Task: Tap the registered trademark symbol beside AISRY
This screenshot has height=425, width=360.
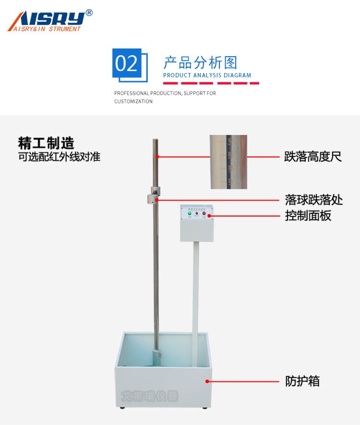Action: pyautogui.click(x=89, y=13)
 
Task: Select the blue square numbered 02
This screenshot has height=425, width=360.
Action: pyautogui.click(x=127, y=63)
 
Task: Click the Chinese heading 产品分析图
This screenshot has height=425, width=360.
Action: pyautogui.click(x=201, y=62)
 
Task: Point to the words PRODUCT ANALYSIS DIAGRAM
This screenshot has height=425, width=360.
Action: pyautogui.click(x=207, y=75)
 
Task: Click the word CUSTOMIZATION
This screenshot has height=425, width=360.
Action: pyautogui.click(x=133, y=101)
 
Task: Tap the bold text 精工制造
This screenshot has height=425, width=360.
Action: pyautogui.click(x=46, y=143)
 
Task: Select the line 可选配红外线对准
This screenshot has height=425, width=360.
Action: pyautogui.click(x=59, y=157)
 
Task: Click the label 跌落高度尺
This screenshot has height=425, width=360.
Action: pyautogui.click(x=313, y=157)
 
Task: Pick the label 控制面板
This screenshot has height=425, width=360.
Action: pyautogui.click(x=308, y=216)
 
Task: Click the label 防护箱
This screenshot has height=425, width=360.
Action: pyautogui.click(x=302, y=381)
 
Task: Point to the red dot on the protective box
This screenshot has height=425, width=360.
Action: pyautogui.click(x=207, y=381)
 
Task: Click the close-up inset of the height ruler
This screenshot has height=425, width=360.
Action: pyautogui.click(x=228, y=161)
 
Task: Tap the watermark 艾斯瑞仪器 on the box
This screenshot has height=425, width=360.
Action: pyautogui.click(x=149, y=396)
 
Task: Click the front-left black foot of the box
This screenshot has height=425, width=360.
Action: pyautogui.click(x=122, y=408)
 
